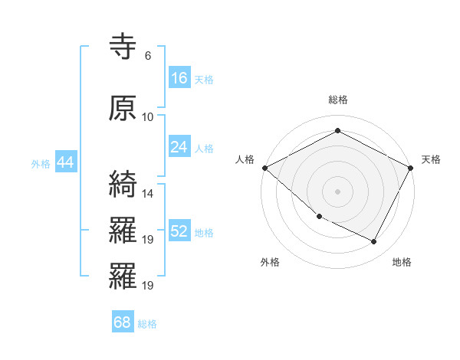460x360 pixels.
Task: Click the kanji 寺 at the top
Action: (x=123, y=48)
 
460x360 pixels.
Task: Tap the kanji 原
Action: (x=123, y=109)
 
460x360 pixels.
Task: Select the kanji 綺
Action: (x=123, y=185)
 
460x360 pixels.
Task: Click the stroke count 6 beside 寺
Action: (x=147, y=56)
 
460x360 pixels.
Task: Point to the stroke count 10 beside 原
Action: (x=148, y=116)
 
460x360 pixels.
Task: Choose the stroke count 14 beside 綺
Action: (x=148, y=193)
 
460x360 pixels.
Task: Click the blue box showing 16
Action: (x=179, y=77)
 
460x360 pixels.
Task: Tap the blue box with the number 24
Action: (x=179, y=146)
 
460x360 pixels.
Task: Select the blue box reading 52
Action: (x=179, y=231)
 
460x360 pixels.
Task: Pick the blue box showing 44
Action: (x=65, y=162)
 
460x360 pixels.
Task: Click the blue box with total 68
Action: (x=123, y=322)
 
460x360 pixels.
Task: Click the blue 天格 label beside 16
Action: (x=204, y=79)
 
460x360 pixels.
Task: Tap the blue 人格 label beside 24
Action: (x=204, y=148)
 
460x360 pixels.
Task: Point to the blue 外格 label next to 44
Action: (x=41, y=163)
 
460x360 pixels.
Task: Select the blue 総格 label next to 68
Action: (x=147, y=324)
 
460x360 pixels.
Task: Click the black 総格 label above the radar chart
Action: (x=338, y=100)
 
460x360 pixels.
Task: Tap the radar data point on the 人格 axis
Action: (x=264, y=168)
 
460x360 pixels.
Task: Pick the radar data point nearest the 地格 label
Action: (x=374, y=242)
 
